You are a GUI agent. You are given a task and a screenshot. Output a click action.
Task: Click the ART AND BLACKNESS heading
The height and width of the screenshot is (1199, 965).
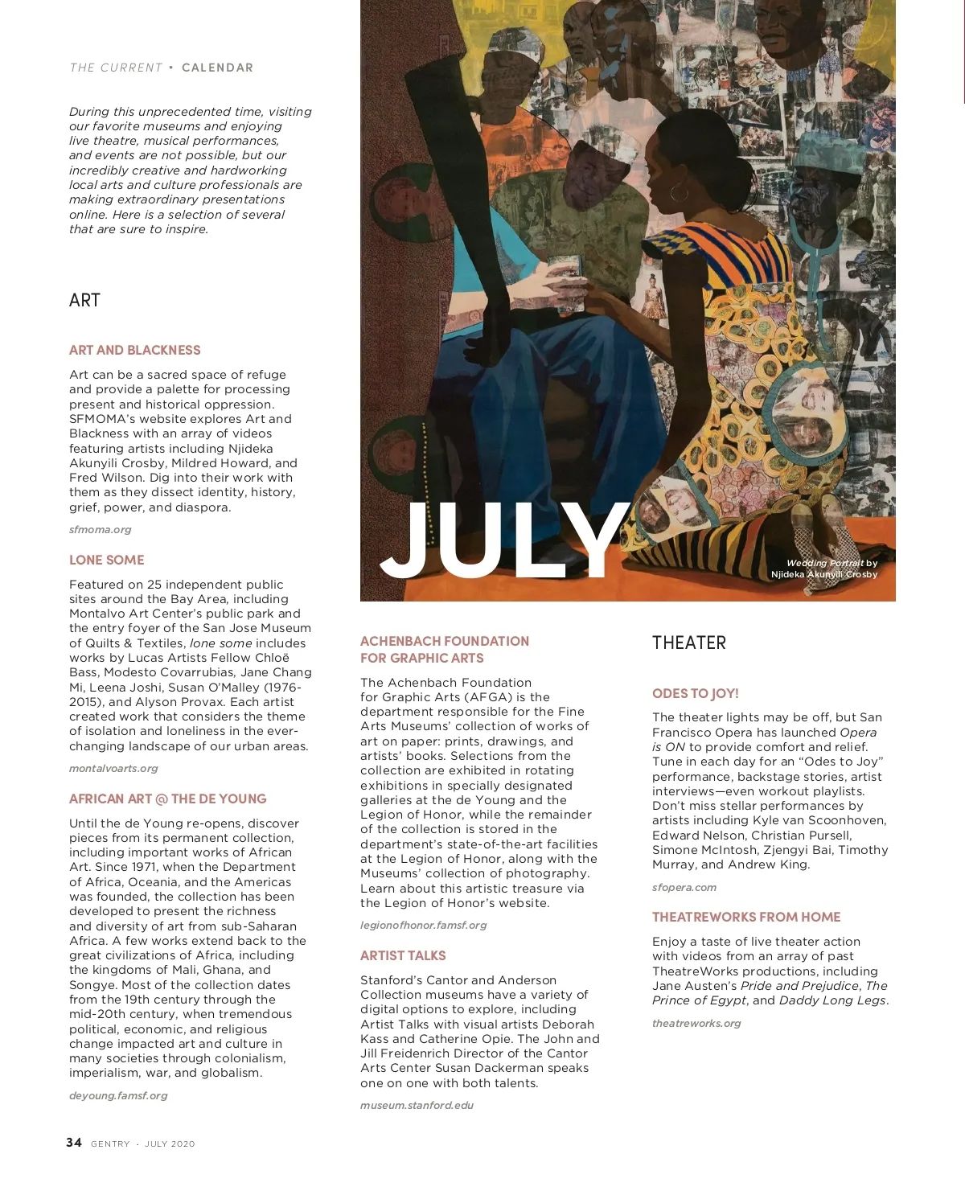point(134,350)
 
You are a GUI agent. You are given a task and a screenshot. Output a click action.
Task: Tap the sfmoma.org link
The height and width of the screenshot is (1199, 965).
point(100,530)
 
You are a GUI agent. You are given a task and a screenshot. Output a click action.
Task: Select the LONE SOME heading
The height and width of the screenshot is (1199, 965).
point(106,560)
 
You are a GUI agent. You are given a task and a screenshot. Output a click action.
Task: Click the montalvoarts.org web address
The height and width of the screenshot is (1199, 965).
point(113,769)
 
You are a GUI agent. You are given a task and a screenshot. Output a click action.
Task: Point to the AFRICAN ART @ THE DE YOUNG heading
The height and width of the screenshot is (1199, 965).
point(167,799)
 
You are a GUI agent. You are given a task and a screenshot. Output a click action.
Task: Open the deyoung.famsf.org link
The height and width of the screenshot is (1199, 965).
point(118,1095)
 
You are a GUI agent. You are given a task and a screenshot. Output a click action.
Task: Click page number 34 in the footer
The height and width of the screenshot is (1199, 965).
point(74,1143)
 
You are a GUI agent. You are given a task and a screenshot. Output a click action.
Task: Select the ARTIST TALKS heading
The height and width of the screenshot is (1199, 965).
point(403,955)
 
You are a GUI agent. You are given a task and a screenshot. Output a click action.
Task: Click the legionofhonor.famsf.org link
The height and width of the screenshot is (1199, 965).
point(423,926)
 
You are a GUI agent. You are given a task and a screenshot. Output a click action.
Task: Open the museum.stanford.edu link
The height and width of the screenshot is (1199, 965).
point(417,1106)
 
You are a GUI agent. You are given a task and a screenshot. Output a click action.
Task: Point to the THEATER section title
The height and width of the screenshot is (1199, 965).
point(688,643)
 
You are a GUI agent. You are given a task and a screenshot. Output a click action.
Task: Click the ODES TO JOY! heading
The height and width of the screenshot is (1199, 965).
point(695,693)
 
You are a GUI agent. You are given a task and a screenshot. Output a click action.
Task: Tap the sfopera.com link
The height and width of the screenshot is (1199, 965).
point(684,888)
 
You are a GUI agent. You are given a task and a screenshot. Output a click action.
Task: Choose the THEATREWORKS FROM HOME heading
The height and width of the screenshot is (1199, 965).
point(745,917)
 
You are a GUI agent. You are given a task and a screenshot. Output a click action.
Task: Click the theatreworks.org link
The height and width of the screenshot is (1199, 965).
point(696,1024)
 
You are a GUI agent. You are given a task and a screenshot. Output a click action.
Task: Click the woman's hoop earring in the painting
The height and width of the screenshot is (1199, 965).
point(680,193)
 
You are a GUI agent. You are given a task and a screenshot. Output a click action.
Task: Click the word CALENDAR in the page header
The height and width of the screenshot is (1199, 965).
point(217,68)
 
